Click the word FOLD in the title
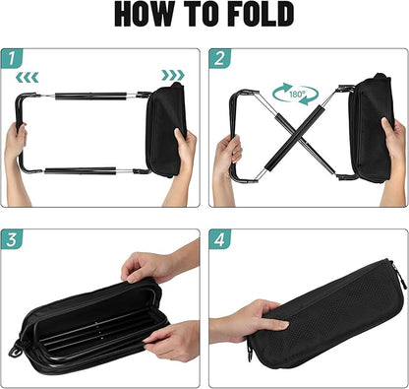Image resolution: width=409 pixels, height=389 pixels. tap(261, 14)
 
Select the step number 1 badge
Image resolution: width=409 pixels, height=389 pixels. tap(12, 58)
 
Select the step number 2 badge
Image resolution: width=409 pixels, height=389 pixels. tap(219, 58)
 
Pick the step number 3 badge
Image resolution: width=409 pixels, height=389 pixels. tap(12, 239)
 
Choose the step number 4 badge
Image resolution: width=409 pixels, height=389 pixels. tap(219, 239)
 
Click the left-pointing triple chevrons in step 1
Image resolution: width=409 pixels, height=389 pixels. tap(28, 78)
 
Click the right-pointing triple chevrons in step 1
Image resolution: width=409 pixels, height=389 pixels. tap(173, 75)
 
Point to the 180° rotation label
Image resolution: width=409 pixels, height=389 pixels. tap(297, 95)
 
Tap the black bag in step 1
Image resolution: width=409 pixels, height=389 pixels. tap(166, 130)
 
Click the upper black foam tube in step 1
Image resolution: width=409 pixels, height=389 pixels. tap(90, 97)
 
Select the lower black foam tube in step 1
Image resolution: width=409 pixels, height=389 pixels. tap(81, 170)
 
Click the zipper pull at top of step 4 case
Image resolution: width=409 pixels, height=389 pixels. tap(401, 277)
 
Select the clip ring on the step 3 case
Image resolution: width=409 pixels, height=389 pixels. tap(16, 350)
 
